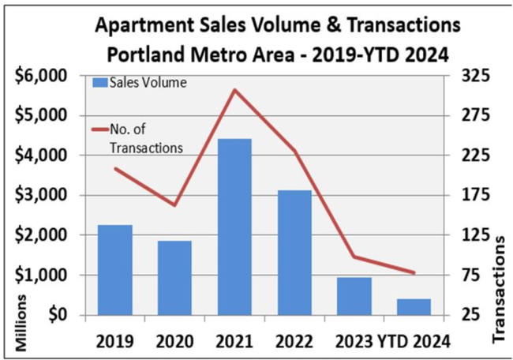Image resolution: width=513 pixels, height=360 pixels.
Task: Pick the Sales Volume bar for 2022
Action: pos(295,253)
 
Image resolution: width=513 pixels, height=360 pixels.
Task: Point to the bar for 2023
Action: pos(354,296)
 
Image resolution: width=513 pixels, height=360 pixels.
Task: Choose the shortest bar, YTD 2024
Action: pos(414,307)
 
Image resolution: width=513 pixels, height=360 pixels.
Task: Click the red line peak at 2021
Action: pos(235,90)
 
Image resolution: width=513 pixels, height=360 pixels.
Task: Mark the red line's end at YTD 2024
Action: pos(414,273)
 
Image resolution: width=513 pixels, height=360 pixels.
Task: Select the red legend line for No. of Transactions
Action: pos(100,130)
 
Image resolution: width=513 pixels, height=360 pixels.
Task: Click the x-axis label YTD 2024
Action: pos(417,341)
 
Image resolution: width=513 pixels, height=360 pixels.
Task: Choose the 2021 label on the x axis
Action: pos(234,341)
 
